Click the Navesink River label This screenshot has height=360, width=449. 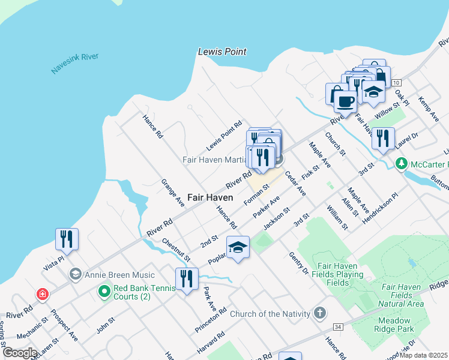[74, 64]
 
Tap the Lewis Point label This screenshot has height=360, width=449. [222, 52]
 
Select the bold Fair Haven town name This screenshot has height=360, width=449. [210, 197]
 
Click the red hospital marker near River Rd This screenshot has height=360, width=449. [42, 294]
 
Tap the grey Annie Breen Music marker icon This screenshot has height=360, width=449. [75, 275]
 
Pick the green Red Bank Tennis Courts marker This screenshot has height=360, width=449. [104, 292]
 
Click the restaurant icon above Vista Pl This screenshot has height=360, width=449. [67, 238]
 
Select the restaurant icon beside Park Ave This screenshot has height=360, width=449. [187, 278]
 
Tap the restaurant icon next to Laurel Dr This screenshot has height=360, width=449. [383, 138]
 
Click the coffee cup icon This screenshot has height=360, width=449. [345, 101]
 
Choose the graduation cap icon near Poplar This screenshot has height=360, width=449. [238, 247]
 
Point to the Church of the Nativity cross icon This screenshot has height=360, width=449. [320, 313]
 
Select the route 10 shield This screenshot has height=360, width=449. [396, 82]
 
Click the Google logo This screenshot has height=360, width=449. [20, 353]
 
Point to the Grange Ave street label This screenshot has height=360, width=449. [172, 193]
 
